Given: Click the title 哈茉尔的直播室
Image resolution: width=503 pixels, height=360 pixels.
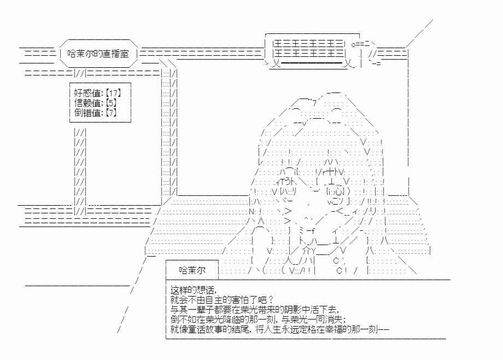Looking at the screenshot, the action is coord(98,53).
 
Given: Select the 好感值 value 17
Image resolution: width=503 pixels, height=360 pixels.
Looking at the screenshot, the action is coord(113,93).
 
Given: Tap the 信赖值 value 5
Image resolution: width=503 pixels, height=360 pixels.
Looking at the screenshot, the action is coord(110,103).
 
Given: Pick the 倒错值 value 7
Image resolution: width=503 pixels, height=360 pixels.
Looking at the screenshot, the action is coord(110,112).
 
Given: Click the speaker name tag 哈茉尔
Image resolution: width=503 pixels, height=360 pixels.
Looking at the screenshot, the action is coord(192,270).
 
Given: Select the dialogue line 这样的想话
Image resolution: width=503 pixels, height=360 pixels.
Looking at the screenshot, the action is coord(192,291).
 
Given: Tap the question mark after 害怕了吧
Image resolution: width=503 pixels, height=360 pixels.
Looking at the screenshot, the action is coord(271,300).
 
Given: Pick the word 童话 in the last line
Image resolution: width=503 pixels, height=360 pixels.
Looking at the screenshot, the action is coord(196,329).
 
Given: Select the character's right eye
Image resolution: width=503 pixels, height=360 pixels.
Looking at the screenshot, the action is coord(335,191).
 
